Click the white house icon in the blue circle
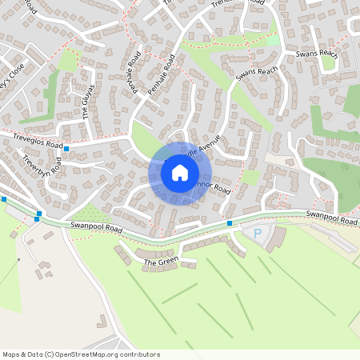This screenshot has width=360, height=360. click(x=180, y=172)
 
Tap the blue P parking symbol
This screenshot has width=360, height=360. click(x=258, y=234)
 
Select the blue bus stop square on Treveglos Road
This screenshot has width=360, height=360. click(x=66, y=149)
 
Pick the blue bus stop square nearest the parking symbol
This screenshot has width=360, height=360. click(x=230, y=223)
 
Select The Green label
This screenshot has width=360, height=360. click(x=161, y=262)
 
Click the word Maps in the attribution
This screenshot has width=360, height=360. click(x=10, y=354)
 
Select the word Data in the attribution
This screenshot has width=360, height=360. click(x=35, y=354)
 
